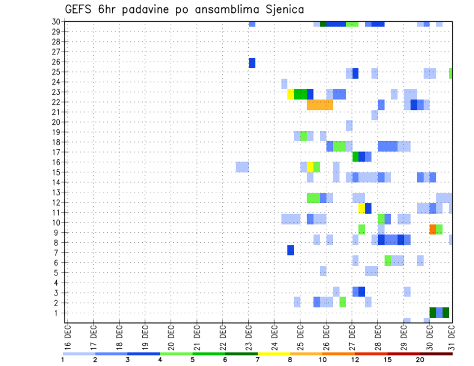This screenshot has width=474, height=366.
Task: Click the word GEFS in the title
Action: click(80, 9)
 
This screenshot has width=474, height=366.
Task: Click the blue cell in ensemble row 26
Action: click(252, 63)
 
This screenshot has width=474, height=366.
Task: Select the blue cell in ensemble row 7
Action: click(290, 250)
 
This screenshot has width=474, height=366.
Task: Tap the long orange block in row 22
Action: click(319, 105)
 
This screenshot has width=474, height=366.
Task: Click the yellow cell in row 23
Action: click(290, 94)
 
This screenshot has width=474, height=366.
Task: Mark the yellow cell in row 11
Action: click(361, 208)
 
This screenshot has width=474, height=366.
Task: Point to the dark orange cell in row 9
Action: click(433, 229)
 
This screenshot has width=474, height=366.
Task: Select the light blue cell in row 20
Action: click(349, 125)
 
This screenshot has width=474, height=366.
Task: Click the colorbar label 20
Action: click(420, 360)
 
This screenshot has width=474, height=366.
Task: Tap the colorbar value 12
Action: click(355, 360)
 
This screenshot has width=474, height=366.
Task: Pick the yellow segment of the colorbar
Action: click(274, 354)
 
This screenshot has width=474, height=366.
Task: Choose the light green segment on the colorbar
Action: click(176, 354)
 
